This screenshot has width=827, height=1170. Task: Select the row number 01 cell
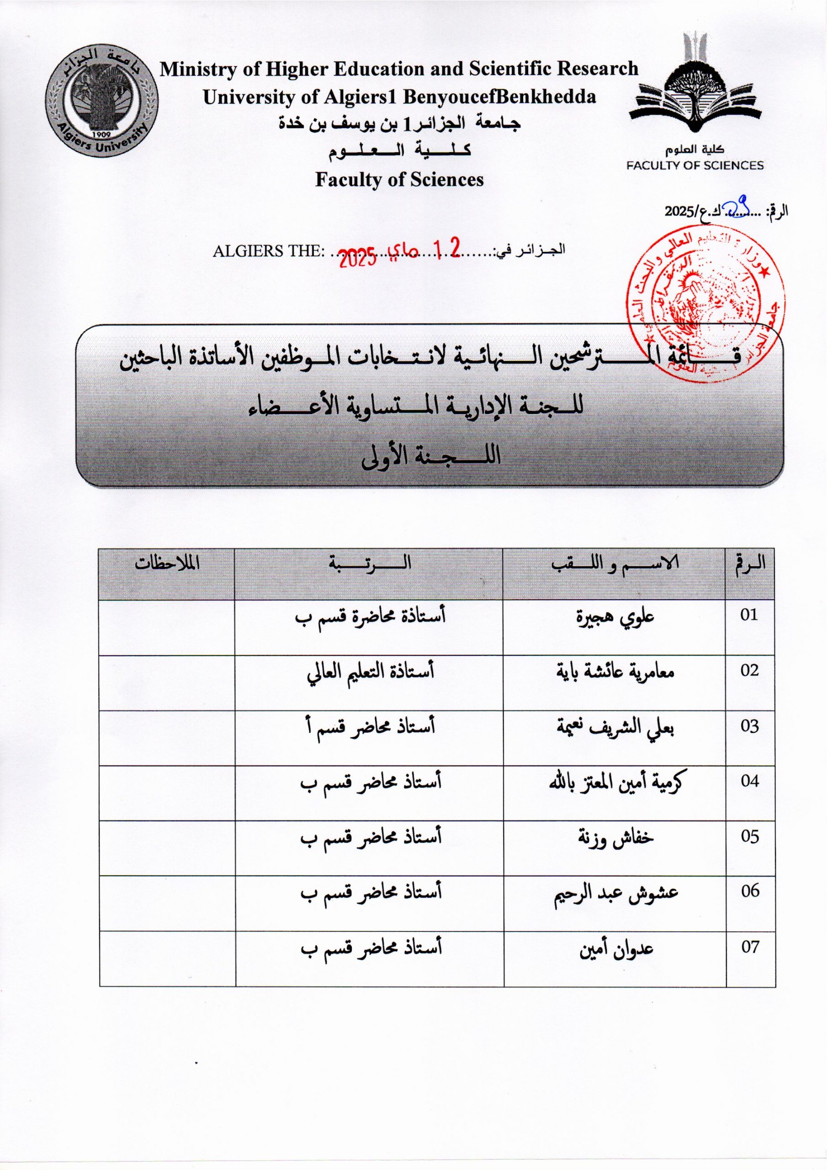pos(749,615)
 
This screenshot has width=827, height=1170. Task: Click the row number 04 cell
pos(749,780)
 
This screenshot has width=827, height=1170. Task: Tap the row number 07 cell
pos(749,947)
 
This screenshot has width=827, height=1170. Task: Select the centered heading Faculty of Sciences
pos(399,179)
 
